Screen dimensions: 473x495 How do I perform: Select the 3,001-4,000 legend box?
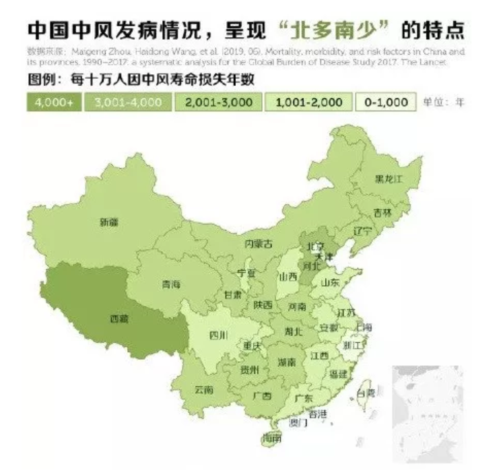pos(130,102)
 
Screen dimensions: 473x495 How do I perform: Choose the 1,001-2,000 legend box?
pos(309,102)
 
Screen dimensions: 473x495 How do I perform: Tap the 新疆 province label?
pos(109,222)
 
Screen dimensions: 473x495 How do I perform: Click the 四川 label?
pos(218,335)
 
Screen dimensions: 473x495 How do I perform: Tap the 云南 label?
pos(203,389)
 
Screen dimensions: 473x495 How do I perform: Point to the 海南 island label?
pos(272,437)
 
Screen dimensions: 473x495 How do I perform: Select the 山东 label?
pos(330,282)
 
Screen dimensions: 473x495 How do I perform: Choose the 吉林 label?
pos(383,212)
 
